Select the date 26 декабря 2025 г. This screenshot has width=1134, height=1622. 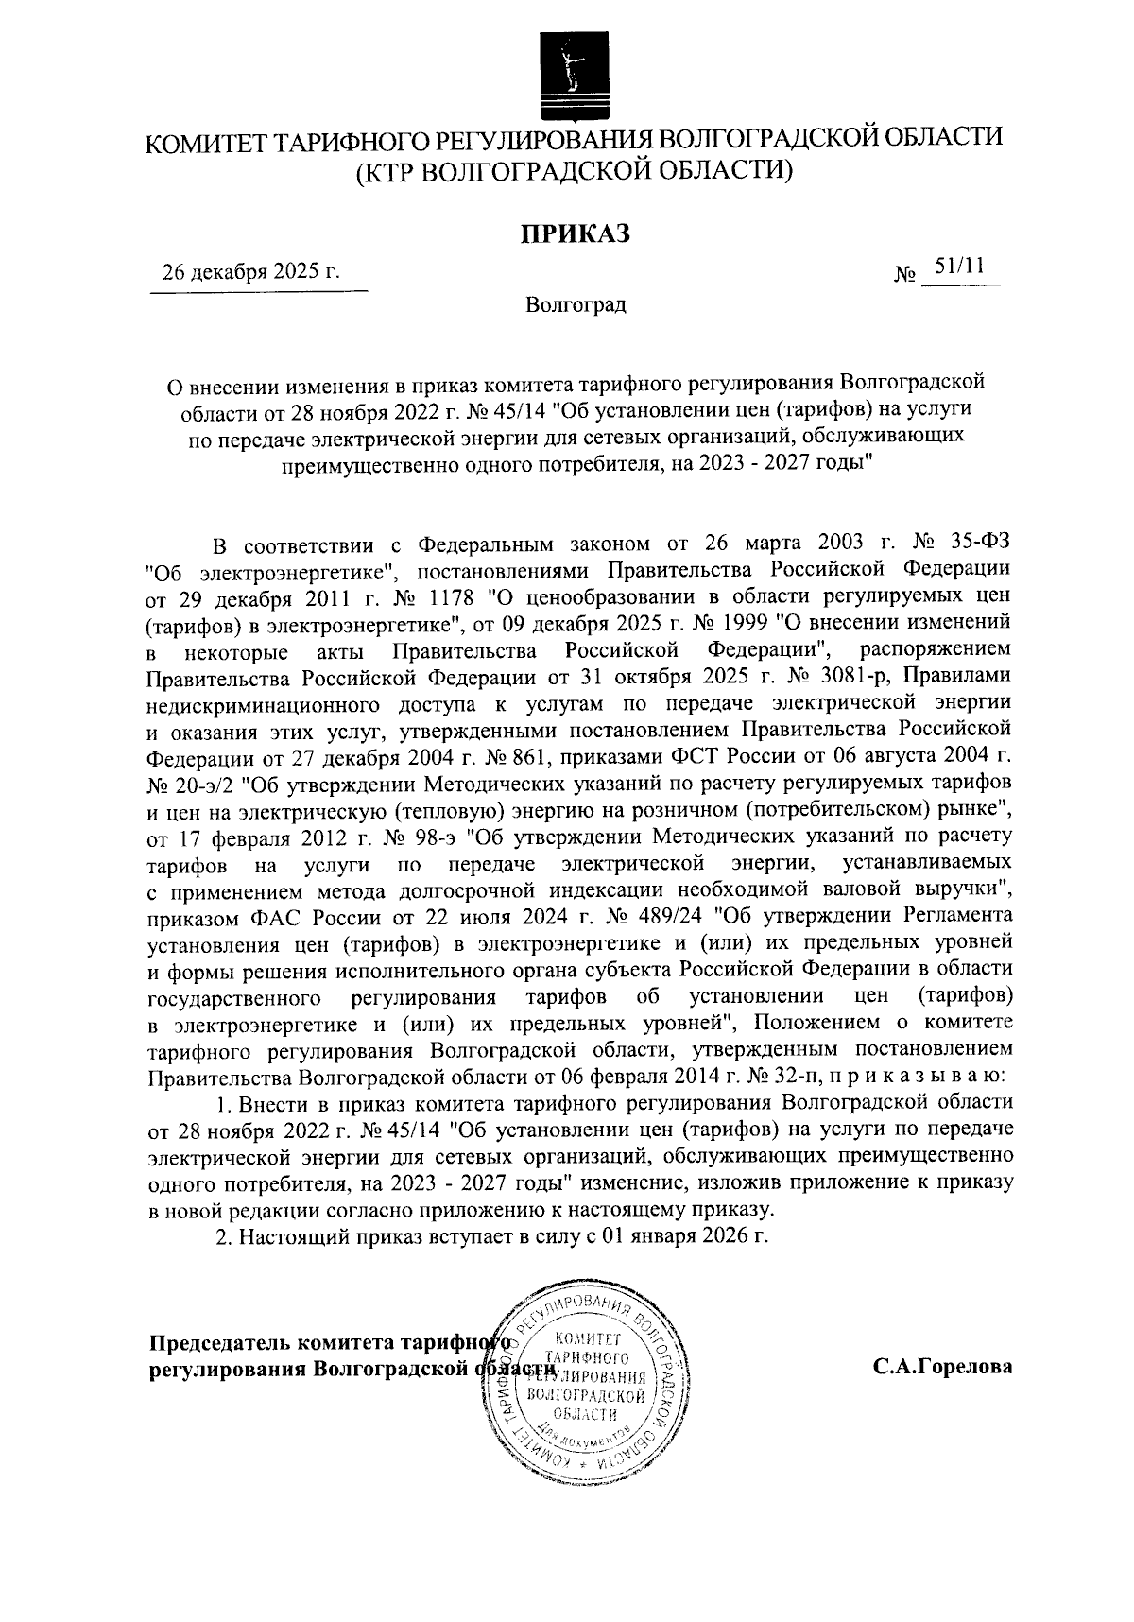[x=250, y=274]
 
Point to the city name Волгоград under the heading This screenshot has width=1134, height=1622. [x=576, y=305]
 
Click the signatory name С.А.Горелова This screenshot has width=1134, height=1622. [x=943, y=1366]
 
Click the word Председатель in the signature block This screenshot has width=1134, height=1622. [x=220, y=1342]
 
